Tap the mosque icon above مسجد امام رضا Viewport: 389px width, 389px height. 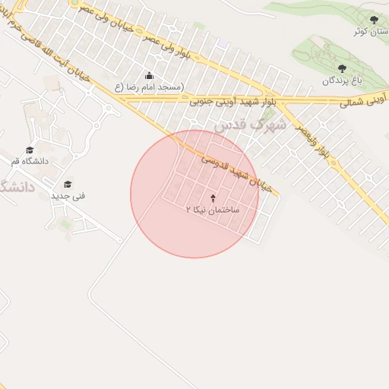pyautogui.click(x=149, y=76)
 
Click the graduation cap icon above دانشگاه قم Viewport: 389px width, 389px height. pyautogui.click(x=30, y=150)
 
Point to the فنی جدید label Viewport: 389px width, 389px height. pyautogui.click(x=68, y=196)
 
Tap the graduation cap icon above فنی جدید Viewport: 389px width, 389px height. pyautogui.click(x=68, y=185)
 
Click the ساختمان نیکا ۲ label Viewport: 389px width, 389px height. pyautogui.click(x=213, y=208)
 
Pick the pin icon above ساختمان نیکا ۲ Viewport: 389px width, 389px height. pyautogui.click(x=212, y=198)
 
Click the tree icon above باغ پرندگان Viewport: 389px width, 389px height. pyautogui.click(x=341, y=68)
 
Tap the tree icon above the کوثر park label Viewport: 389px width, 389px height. pyautogui.click(x=373, y=20)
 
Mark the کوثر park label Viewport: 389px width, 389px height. pyautogui.click(x=372, y=32)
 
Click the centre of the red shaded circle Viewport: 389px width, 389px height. pyautogui.click(x=194, y=194)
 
